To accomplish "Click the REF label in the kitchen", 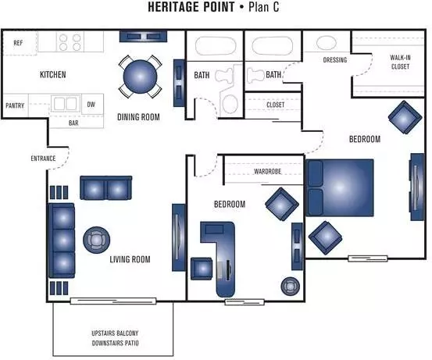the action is click(18, 43).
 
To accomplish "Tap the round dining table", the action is click(140, 77).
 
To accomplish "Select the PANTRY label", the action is click(15, 105).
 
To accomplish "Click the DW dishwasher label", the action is click(91, 105).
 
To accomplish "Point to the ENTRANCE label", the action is click(43, 159).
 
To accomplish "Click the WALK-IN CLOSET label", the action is click(400, 62).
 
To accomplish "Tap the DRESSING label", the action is click(335, 60).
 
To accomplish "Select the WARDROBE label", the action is click(267, 171).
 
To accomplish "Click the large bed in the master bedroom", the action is click(340, 187).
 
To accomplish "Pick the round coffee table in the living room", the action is click(96, 240).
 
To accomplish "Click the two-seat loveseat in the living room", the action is click(105, 188).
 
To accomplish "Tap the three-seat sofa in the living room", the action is click(62, 241).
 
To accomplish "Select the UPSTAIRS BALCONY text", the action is click(115, 333).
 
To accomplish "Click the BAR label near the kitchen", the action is click(73, 123).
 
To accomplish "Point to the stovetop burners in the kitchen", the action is click(70, 42).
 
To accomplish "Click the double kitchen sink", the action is click(66, 104).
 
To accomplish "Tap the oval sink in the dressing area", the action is click(327, 43).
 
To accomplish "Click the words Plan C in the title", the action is click(264, 7).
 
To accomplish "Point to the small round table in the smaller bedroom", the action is click(291, 287).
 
